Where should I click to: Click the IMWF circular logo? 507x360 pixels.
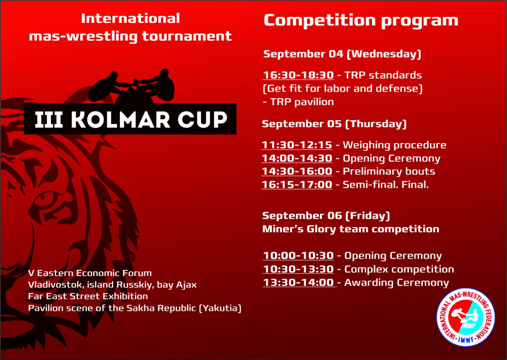click(465, 317)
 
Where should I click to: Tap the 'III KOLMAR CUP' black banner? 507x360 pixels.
click(130, 119)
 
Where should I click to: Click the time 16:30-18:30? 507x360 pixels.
click(298, 75)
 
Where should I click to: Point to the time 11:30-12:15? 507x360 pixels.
click(297, 145)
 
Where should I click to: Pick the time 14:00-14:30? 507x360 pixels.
click(297, 158)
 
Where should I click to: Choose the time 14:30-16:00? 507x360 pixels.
click(297, 171)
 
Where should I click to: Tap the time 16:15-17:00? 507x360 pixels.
click(297, 184)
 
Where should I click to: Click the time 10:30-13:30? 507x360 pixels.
click(298, 269)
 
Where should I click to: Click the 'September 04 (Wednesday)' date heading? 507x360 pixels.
click(342, 54)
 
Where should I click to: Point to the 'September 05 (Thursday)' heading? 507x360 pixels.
click(334, 124)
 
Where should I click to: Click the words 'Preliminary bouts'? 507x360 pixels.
click(389, 172)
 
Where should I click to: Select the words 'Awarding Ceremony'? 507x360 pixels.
click(396, 283)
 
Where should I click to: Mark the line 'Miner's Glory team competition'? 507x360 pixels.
click(350, 229)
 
